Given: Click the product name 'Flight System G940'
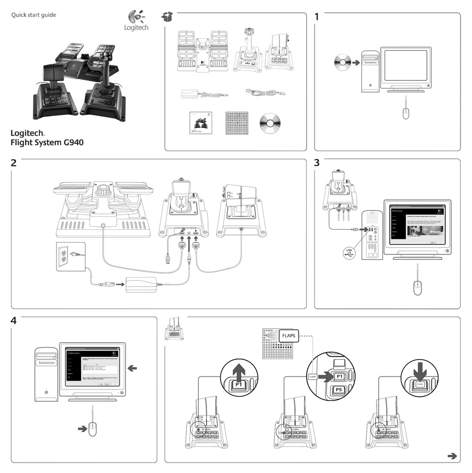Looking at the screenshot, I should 47,142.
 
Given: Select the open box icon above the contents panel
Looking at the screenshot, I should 169,17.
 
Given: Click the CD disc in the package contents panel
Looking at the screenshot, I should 270,123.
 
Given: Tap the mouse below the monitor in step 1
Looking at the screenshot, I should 406,113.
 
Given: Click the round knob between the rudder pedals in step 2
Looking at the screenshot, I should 103,190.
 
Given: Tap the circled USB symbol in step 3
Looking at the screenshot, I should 350,252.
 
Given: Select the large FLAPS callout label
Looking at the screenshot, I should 289,336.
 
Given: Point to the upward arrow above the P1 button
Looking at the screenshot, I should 240,372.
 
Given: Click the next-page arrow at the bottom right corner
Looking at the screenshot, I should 452,455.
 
